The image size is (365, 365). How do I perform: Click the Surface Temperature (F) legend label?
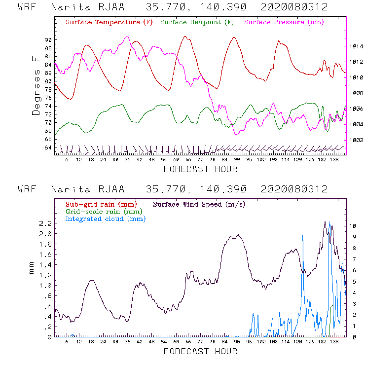pos(109,23)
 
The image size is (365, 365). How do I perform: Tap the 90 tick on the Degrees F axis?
pos(47,39)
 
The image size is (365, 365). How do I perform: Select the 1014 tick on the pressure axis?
pos(357,46)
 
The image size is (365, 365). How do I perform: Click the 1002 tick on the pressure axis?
pos(357,140)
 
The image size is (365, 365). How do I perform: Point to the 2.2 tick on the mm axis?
pos(46,223)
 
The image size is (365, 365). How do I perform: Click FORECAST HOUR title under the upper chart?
pos(200,169)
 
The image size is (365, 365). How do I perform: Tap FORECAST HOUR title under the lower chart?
pos(200,351)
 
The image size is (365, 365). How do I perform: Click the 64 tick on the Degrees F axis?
pos(47,147)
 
